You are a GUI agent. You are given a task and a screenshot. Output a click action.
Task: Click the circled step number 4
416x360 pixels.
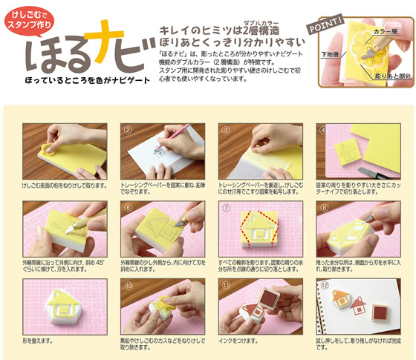[x=322, y=129]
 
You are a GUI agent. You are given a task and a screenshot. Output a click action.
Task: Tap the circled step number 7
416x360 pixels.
[x=225, y=210]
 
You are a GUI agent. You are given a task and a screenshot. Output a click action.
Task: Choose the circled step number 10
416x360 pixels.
[x=127, y=284]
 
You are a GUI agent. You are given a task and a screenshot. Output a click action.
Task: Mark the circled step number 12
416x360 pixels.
[x=322, y=285]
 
